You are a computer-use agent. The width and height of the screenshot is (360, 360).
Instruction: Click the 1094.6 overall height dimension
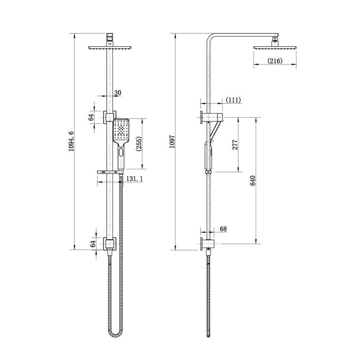coord(71,141)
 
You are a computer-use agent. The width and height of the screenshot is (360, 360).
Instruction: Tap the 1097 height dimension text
coord(172,141)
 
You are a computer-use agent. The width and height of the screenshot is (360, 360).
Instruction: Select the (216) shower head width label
coord(275,61)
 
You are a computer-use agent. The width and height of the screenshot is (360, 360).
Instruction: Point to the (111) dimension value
coord(233,100)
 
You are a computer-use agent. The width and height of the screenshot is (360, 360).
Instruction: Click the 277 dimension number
coord(235,144)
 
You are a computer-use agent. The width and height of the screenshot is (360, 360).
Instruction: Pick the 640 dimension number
coord(253,181)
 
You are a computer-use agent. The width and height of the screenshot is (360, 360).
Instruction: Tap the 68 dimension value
coord(223,229)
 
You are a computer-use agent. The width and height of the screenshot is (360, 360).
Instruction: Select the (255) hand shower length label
coord(139,144)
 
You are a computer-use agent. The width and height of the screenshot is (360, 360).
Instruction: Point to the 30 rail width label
coord(118,93)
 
